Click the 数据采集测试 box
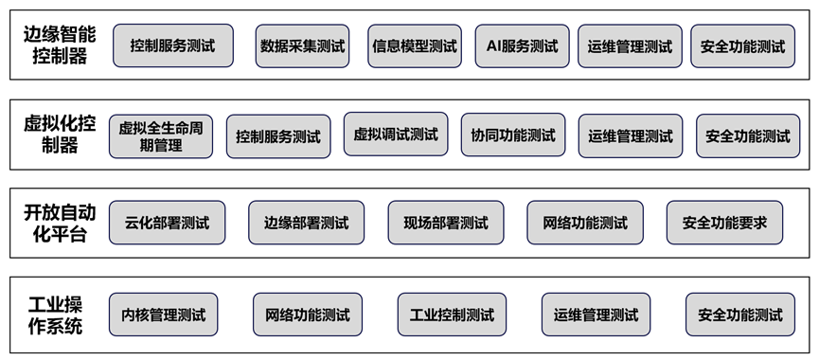303,45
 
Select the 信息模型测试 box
415,45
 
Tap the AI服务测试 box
522,45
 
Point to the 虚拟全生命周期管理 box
161,135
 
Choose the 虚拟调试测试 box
396,135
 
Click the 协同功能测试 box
513,135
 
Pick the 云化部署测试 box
168,224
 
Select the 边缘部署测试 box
306,224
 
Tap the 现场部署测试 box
445,224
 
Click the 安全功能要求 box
724,224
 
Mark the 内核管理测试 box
164,315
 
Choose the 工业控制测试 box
452,315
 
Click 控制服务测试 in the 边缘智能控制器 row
172,45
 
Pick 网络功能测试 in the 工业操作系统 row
308,315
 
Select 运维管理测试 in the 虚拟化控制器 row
630,135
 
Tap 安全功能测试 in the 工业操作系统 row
740,315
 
